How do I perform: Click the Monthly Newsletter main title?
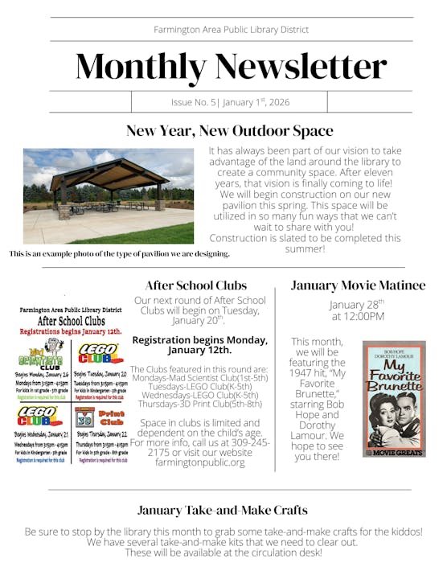coord(230,66)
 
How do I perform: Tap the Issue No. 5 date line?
coord(230,102)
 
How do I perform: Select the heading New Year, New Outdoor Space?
coord(229,131)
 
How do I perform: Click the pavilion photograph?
coord(109,195)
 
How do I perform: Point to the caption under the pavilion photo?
coord(119,253)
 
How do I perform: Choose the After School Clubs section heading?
coord(196,285)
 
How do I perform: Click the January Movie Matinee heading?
coord(358,285)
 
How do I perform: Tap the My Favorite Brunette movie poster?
coord(393,399)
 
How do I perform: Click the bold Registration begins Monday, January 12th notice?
coord(199,345)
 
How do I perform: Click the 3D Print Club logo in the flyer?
coord(100,417)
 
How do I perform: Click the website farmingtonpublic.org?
coord(199,462)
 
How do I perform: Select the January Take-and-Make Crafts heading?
coord(222,510)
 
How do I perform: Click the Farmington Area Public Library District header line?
coord(231,30)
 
